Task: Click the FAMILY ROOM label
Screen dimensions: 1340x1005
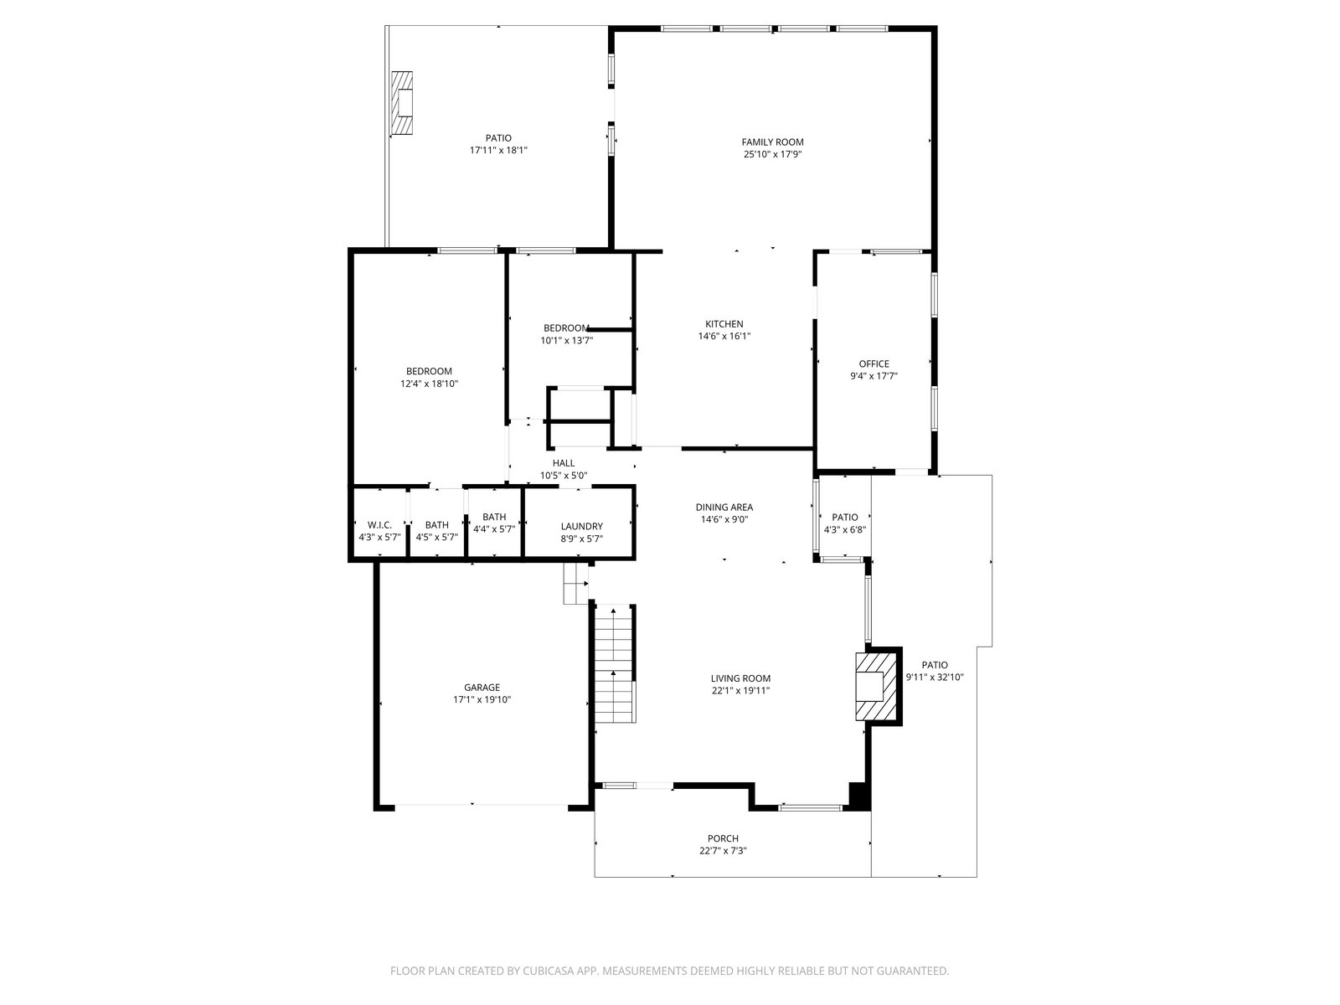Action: point(772,142)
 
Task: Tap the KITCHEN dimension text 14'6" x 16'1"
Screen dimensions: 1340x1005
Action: point(724,336)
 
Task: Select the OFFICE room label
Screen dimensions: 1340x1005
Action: point(874,364)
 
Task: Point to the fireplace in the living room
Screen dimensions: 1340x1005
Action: point(878,687)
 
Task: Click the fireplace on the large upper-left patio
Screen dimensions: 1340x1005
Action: point(402,103)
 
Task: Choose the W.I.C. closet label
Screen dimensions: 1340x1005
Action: point(379,525)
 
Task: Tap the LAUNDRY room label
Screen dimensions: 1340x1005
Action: point(582,527)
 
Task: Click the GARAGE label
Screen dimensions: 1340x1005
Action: point(482,688)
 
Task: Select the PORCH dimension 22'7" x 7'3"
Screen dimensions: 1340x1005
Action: point(723,851)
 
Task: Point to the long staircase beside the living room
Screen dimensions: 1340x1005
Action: point(615,664)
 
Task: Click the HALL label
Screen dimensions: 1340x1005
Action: point(564,464)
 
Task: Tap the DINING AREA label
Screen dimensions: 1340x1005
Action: point(724,508)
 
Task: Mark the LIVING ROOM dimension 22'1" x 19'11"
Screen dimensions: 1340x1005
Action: point(740,691)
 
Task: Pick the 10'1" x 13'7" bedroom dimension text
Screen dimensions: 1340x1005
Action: point(566,341)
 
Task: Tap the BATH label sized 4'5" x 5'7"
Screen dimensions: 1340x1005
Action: point(436,525)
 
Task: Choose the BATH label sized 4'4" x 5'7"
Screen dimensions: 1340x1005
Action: point(494,518)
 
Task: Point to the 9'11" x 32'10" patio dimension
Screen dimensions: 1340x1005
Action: point(935,678)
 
